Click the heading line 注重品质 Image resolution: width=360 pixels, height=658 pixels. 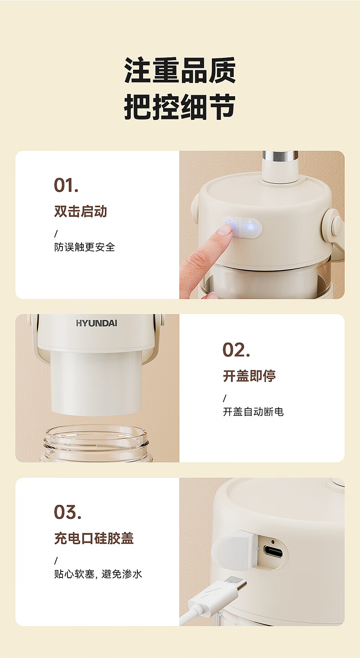pyautogui.click(x=180, y=71)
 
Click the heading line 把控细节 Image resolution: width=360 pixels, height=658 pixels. pyautogui.click(x=180, y=107)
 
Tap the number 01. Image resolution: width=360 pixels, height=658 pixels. pyautogui.click(x=66, y=185)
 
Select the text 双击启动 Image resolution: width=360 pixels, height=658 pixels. pyautogui.click(x=81, y=211)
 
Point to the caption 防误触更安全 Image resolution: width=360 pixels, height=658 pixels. pyautogui.click(x=84, y=247)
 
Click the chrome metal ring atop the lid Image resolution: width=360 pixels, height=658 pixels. pyautogui.click(x=280, y=156)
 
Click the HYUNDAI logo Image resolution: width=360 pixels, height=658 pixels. pyautogui.click(x=97, y=324)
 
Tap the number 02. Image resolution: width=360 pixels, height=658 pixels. pyautogui.click(x=236, y=350)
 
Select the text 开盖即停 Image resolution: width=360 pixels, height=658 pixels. pyautogui.click(x=249, y=375)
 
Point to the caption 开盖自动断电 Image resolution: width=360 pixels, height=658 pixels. pyautogui.click(x=253, y=411)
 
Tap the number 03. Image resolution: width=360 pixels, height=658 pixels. pyautogui.click(x=67, y=513)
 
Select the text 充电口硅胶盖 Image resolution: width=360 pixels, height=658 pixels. pyautogui.click(x=94, y=539)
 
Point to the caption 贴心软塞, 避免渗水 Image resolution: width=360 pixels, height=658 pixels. pyautogui.click(x=98, y=574)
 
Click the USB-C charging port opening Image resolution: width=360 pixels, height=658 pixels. pyautogui.click(x=273, y=551)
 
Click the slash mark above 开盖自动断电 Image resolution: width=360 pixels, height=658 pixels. pyautogui.click(x=225, y=398)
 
